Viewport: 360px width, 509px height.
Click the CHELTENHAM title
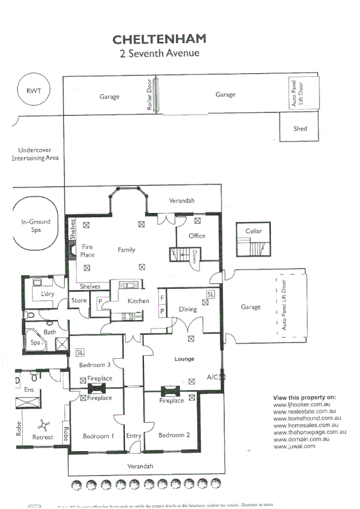coord(159,39)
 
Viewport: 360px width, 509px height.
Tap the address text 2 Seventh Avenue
coord(159,54)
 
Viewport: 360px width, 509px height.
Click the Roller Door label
coord(150,95)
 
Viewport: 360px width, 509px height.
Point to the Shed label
coord(300,129)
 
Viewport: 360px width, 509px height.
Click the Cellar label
coord(254,231)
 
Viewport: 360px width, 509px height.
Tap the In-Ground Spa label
coord(36,226)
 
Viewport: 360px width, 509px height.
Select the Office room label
coord(197,236)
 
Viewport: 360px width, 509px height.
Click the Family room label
coord(126,250)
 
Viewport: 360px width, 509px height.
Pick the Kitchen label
coord(138,301)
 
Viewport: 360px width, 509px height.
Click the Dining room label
coord(187,309)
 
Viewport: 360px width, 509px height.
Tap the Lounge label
coord(184,359)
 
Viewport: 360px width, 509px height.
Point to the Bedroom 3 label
coord(95,366)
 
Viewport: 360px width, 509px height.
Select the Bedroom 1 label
coord(98,436)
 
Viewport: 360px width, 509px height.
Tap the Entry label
coord(134,436)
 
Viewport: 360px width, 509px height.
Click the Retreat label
coord(42,438)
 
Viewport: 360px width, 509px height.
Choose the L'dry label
coord(48,295)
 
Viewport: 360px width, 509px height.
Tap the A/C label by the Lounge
coord(213,377)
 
